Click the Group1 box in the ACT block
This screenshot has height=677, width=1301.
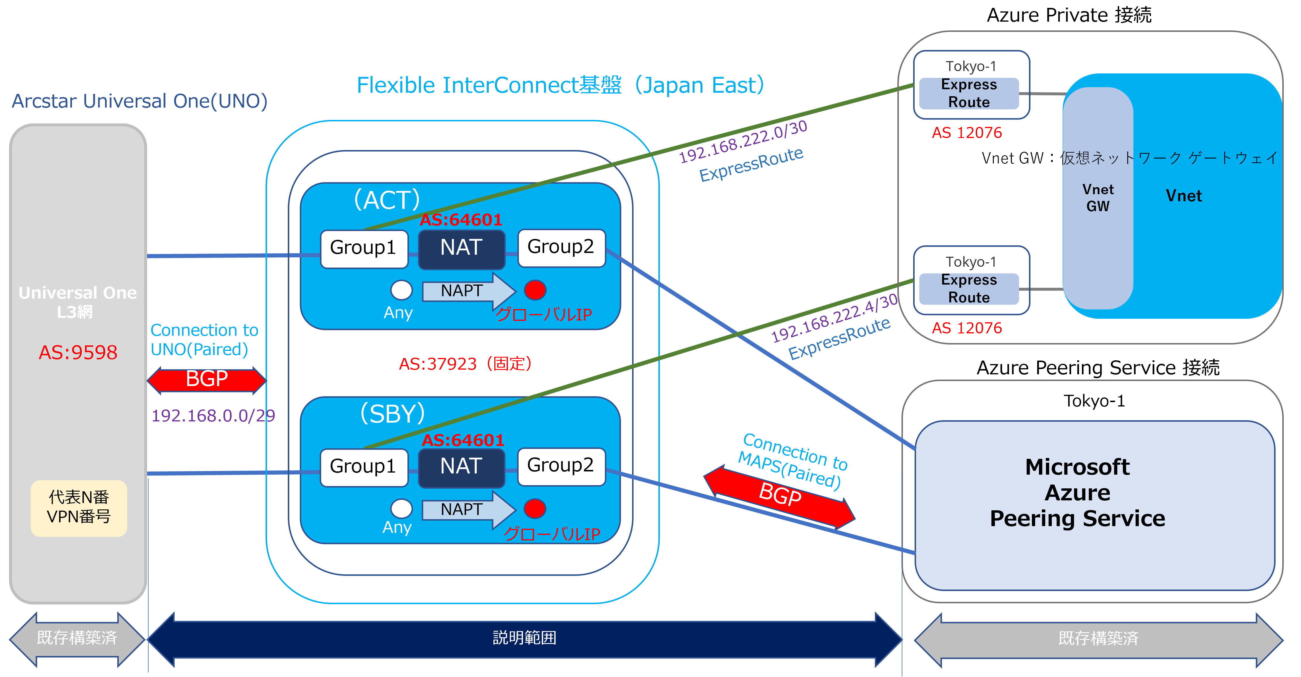coord(364,248)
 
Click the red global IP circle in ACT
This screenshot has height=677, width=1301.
coord(535,290)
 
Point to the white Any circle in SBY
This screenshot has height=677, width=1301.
coord(402,508)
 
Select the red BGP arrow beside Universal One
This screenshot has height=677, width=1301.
coord(206,380)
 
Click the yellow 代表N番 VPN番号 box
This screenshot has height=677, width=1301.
coord(79,507)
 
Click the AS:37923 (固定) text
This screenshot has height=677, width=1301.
coord(465,364)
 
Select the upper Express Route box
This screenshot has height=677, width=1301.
coord(969,93)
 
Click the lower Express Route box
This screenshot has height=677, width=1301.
coord(969,289)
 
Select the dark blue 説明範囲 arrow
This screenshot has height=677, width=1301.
coord(524,638)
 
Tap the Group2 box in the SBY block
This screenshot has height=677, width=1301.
coord(561,466)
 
